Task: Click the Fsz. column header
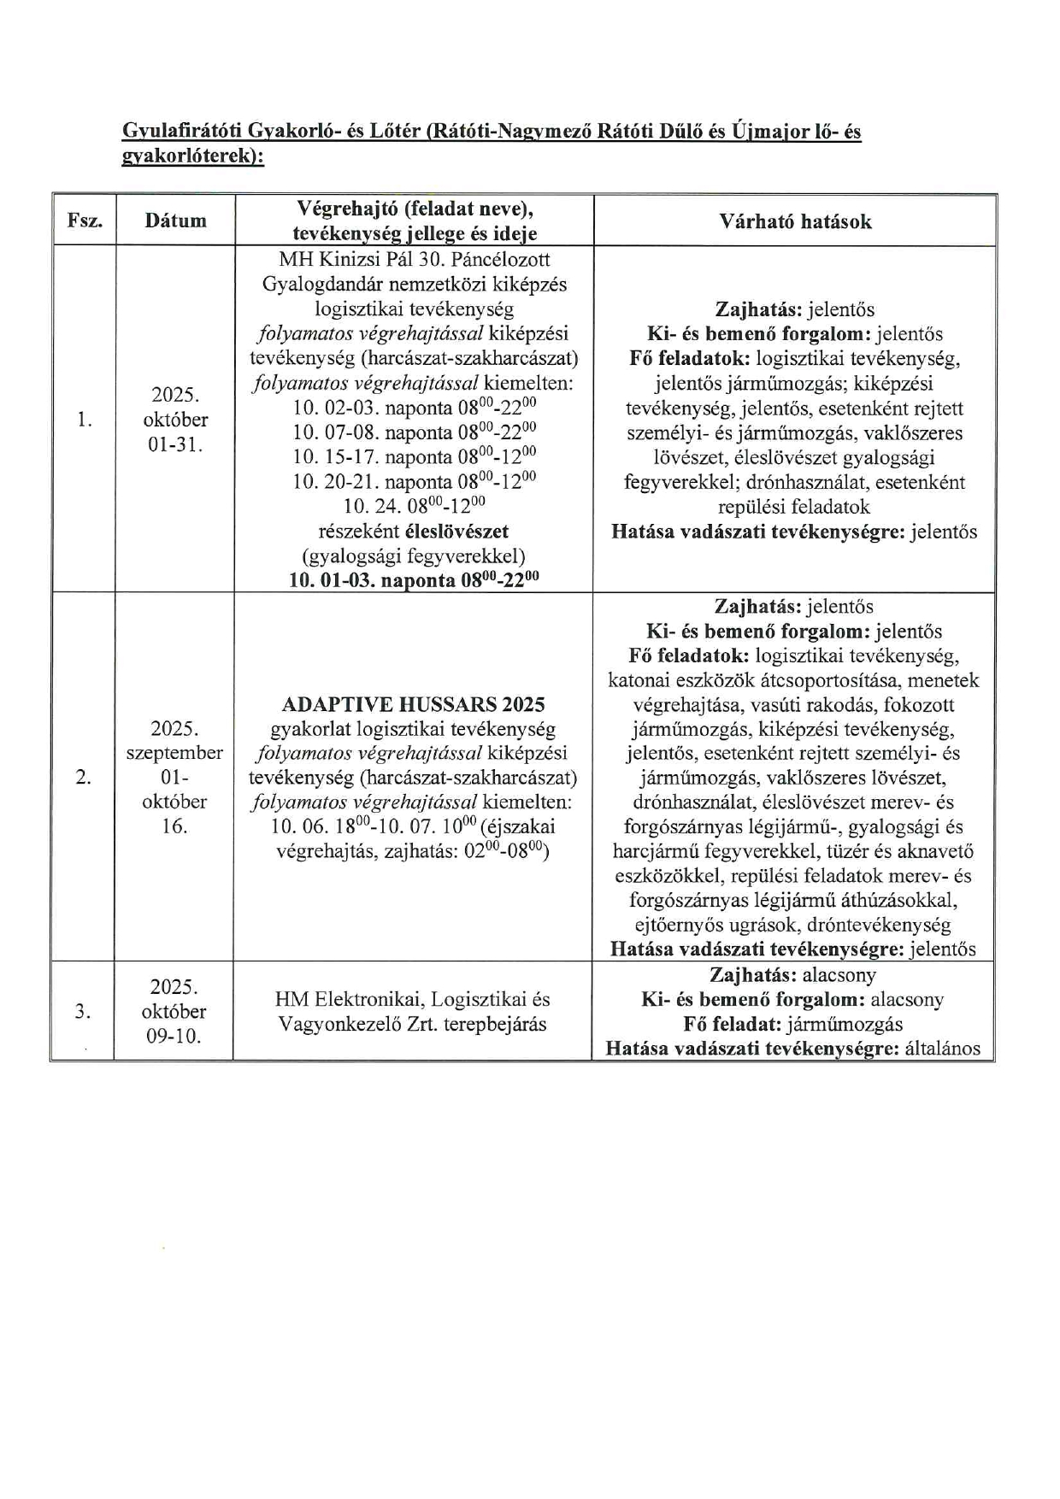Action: pos(85,220)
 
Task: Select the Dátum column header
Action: pos(175,220)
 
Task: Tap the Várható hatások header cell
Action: pos(795,221)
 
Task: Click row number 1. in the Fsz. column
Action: pos(84,420)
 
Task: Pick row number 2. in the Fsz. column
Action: pos(84,777)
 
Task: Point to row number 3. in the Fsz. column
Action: pos(83,1012)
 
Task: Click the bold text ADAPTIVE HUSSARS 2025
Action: pos(413,704)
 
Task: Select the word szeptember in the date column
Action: pos(174,753)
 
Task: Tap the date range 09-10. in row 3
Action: pos(174,1036)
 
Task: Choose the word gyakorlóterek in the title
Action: pos(189,158)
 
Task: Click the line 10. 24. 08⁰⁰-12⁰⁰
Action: pos(414,506)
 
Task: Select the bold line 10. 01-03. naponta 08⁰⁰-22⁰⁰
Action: pos(414,580)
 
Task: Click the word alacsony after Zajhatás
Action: pos(839,975)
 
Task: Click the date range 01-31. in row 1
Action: pos(175,444)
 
